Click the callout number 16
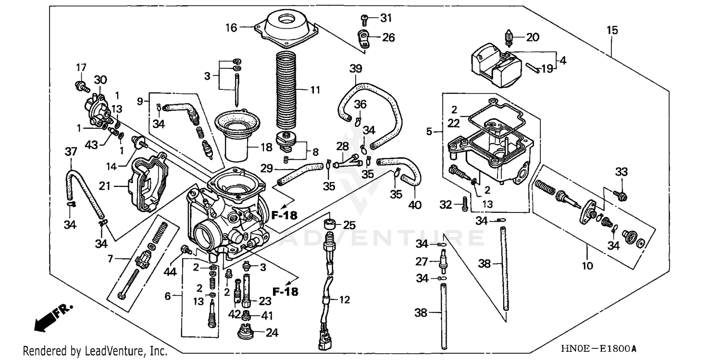[x=231, y=27]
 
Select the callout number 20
[x=533, y=37]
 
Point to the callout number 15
[x=612, y=30]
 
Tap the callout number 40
[x=415, y=205]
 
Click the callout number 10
[x=587, y=265]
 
